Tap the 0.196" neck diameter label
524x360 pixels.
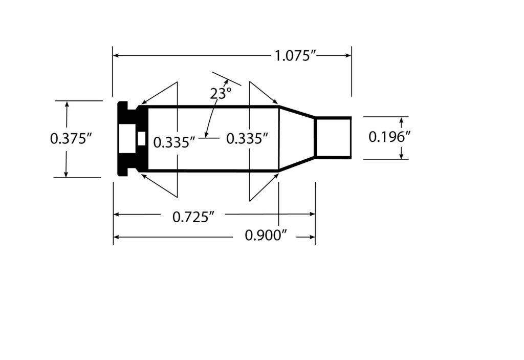pyautogui.click(x=390, y=137)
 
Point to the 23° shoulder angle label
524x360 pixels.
pyautogui.click(x=221, y=94)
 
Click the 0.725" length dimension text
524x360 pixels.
pyautogui.click(x=192, y=217)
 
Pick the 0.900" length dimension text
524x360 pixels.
pyautogui.click(x=265, y=236)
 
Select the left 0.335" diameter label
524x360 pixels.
pyautogui.click(x=174, y=142)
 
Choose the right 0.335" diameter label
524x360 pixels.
pyautogui.click(x=247, y=139)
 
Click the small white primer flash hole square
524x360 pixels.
pyautogui.click(x=142, y=139)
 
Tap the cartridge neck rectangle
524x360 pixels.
pyautogui.click(x=333, y=138)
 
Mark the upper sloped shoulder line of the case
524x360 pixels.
pyautogui.click(x=297, y=112)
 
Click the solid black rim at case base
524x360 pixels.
pyautogui.click(x=122, y=110)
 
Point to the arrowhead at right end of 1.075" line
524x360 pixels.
pyautogui.click(x=348, y=55)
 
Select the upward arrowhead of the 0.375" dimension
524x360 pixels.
pyautogui.click(x=66, y=105)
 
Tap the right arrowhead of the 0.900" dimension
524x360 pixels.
pyautogui.click(x=312, y=237)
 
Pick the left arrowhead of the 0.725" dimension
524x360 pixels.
pyautogui.click(x=117, y=215)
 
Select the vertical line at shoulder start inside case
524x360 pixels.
pyautogui.click(x=279, y=138)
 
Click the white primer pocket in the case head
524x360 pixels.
pyautogui.click(x=126, y=139)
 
